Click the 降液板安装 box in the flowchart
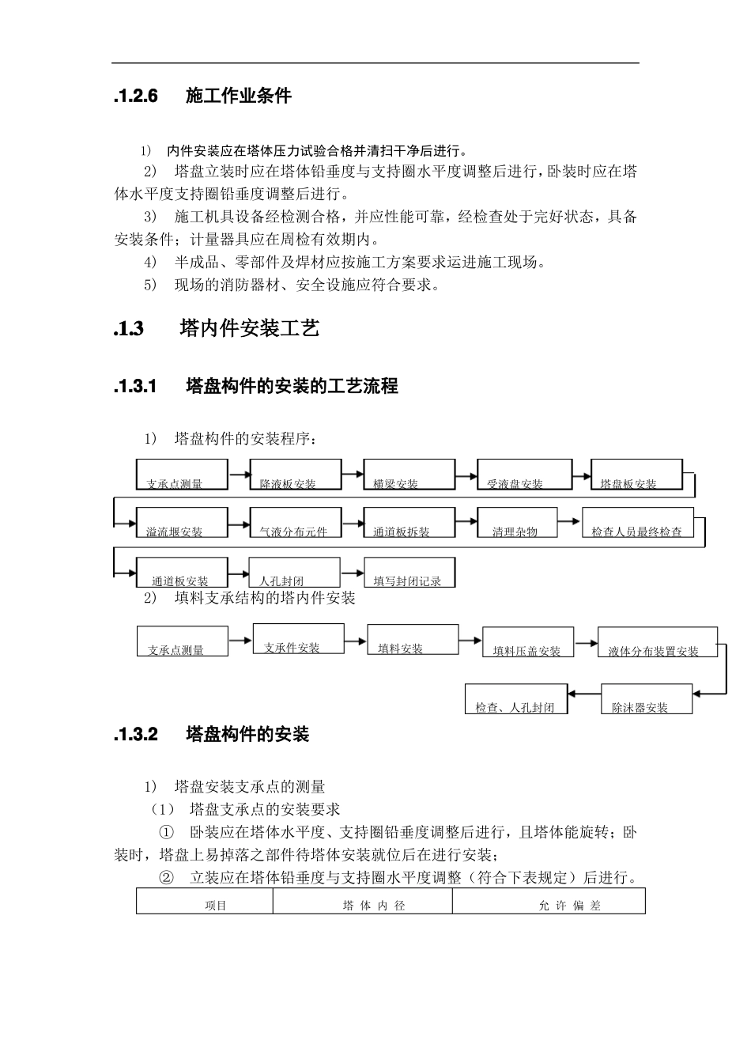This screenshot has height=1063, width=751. (x=296, y=475)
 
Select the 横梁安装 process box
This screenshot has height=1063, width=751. (x=409, y=475)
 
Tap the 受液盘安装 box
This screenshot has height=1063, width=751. (x=523, y=475)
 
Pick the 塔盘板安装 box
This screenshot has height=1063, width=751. (x=636, y=475)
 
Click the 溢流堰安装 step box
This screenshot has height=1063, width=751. (x=182, y=523)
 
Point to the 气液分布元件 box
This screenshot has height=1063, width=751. (x=295, y=523)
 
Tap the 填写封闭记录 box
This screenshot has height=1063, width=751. (x=409, y=572)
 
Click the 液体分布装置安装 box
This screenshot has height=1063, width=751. (x=657, y=642)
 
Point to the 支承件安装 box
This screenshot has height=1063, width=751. (x=298, y=639)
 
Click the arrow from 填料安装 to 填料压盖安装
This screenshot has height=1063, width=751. (x=470, y=641)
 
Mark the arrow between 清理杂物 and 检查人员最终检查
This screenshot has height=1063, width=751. (x=568, y=520)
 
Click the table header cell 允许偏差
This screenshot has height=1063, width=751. (x=569, y=905)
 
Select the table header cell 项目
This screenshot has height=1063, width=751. (x=216, y=905)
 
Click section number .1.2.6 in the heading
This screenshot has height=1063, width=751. (x=136, y=96)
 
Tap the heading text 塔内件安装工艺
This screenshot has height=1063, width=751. (x=249, y=328)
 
